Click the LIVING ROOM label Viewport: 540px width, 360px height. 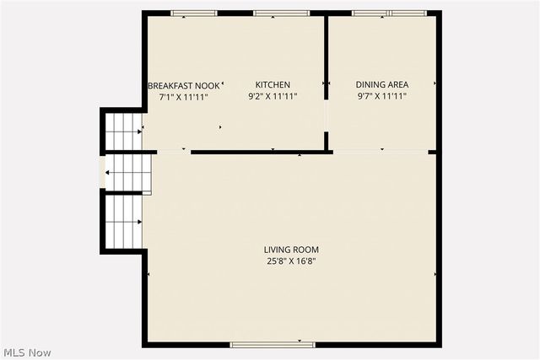pyautogui.click(x=291, y=250)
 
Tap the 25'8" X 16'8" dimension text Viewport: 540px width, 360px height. pyautogui.click(x=291, y=261)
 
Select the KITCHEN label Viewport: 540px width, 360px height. pyautogui.click(x=273, y=85)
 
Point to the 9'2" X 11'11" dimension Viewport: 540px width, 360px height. pyautogui.click(x=273, y=96)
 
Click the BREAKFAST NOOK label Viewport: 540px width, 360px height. pyautogui.click(x=183, y=85)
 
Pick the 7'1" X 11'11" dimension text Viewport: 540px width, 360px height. pyautogui.click(x=183, y=96)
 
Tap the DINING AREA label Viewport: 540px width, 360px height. pyautogui.click(x=382, y=85)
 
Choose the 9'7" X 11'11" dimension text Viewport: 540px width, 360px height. pyautogui.click(x=382, y=96)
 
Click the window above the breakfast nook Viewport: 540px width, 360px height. pyautogui.click(x=194, y=13)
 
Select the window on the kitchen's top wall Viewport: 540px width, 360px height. pyautogui.click(x=276, y=13)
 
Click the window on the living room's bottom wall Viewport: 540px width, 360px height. pyautogui.click(x=273, y=344)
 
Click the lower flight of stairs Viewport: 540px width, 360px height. pyautogui.click(x=122, y=221)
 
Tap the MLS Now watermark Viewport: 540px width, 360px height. pyautogui.click(x=27, y=352)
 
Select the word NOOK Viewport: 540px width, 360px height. pyautogui.click(x=207, y=85)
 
